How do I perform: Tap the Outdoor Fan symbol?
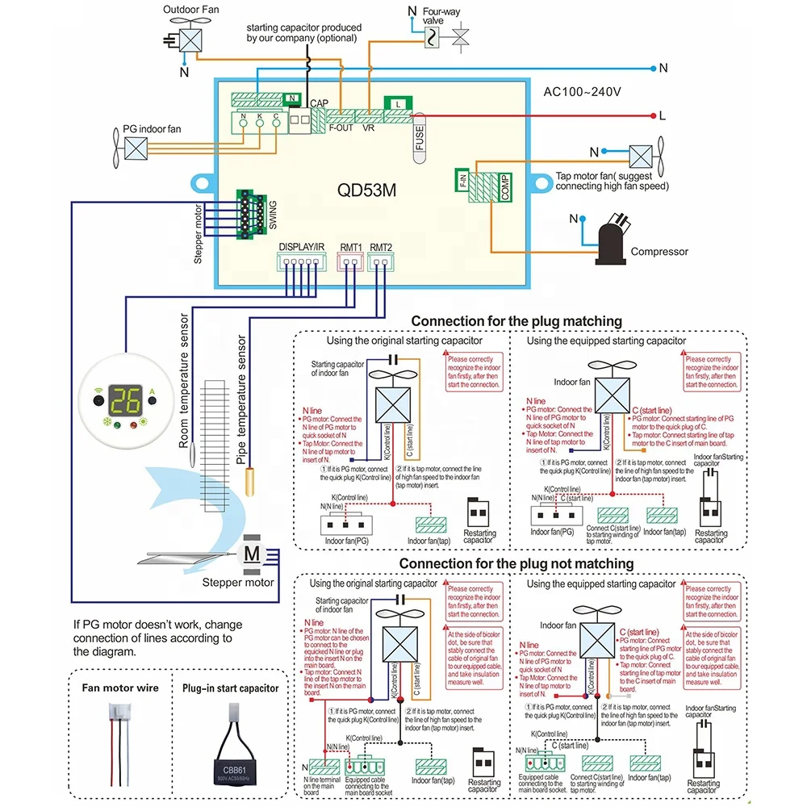point(190,40)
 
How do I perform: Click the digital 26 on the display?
point(126,399)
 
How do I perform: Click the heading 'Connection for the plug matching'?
point(516,321)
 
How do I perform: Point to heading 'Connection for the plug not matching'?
point(516,563)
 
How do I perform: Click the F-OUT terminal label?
point(341,128)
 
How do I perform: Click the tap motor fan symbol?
point(642,156)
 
